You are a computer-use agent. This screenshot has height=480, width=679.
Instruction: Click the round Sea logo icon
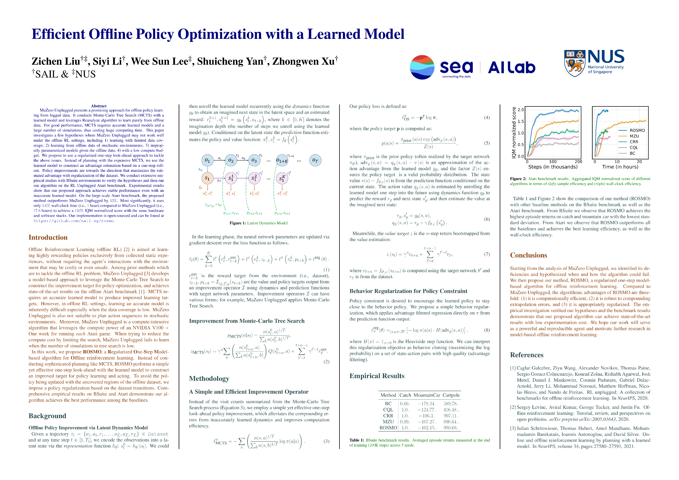pos(422,67)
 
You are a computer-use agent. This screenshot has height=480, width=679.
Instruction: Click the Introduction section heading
pos(48,237)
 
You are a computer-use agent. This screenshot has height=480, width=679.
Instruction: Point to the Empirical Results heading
pos(377,376)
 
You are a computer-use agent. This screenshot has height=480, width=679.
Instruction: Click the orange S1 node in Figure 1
pos(207,178)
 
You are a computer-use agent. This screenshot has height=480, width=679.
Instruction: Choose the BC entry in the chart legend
pos(632,153)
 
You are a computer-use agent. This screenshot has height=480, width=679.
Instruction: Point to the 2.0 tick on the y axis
pos(521,110)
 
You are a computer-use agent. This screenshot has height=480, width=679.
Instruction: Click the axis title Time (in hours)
pos(620,167)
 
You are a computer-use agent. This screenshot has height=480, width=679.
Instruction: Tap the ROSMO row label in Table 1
pos(388,428)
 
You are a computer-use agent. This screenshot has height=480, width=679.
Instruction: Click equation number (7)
pos(487,254)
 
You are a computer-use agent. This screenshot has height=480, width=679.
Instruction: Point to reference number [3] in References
pos(513,428)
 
